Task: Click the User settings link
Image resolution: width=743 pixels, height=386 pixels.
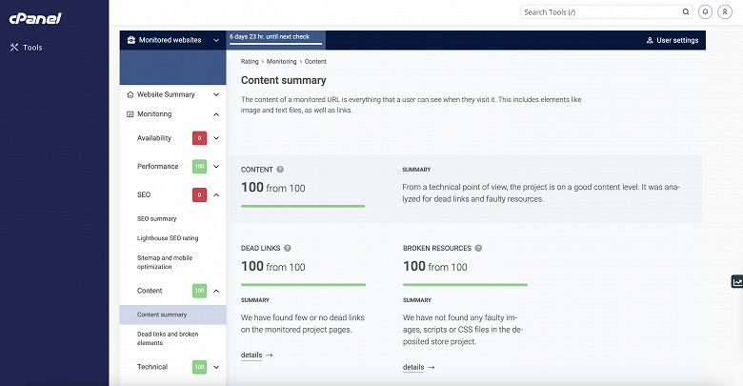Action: click(x=673, y=40)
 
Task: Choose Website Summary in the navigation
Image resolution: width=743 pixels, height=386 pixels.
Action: click(x=166, y=94)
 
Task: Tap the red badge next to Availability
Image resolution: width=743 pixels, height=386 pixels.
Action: click(x=200, y=138)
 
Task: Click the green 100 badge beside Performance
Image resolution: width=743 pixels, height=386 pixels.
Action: click(x=200, y=167)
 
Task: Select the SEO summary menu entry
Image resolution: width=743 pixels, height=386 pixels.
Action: click(x=157, y=218)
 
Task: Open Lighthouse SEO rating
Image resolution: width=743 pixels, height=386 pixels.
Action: click(x=168, y=237)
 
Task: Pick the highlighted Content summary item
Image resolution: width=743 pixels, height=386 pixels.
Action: click(x=162, y=314)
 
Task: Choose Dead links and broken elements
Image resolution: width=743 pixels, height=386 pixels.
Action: click(x=168, y=337)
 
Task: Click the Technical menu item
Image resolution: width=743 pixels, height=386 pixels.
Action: click(x=152, y=366)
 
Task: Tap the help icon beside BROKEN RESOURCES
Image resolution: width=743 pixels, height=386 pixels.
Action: click(x=478, y=248)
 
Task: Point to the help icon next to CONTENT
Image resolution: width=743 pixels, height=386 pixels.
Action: click(x=280, y=169)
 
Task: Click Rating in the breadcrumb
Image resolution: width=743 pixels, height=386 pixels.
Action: click(x=250, y=61)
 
